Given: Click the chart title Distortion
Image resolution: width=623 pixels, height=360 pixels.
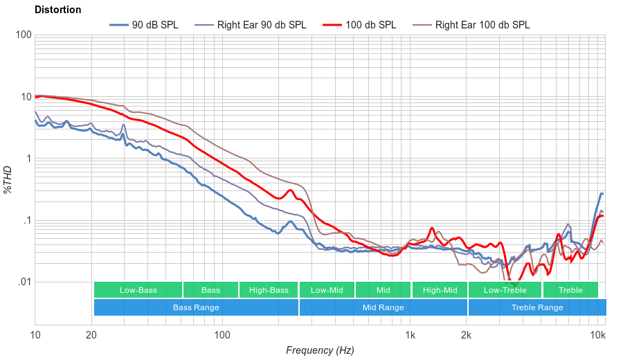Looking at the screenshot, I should (57, 10).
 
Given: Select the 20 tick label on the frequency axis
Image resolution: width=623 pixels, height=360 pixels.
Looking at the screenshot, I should (91, 336).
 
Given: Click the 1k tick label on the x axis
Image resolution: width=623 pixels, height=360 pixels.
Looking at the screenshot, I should (410, 336).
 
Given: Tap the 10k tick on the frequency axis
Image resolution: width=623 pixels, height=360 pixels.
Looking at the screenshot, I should (597, 336).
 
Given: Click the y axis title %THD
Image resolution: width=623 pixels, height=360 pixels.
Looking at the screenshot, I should (8, 179).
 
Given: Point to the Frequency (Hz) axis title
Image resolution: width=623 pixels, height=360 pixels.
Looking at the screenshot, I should (319, 350).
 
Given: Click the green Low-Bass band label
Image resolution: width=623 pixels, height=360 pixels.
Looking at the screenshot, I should (138, 290).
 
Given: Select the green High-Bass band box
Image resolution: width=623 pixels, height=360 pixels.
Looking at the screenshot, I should (269, 290).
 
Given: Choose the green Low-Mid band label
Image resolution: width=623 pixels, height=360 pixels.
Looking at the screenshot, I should (327, 290).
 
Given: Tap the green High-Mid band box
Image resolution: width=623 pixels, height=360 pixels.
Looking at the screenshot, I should (440, 290).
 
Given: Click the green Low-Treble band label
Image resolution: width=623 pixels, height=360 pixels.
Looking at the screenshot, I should (505, 290).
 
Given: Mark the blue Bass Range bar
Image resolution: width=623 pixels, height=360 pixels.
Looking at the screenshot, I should (196, 307).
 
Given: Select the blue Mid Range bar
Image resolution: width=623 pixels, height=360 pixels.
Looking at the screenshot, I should (383, 307).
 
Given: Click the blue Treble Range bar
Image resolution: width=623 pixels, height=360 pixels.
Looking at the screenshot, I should (537, 307).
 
